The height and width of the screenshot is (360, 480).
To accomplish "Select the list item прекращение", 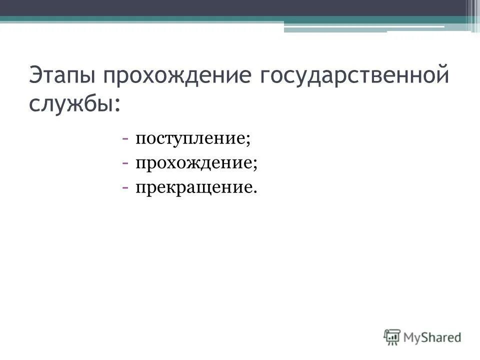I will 192,187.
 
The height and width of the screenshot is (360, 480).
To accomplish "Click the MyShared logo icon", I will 392,336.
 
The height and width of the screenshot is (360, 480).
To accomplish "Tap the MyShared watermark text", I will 433,337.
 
